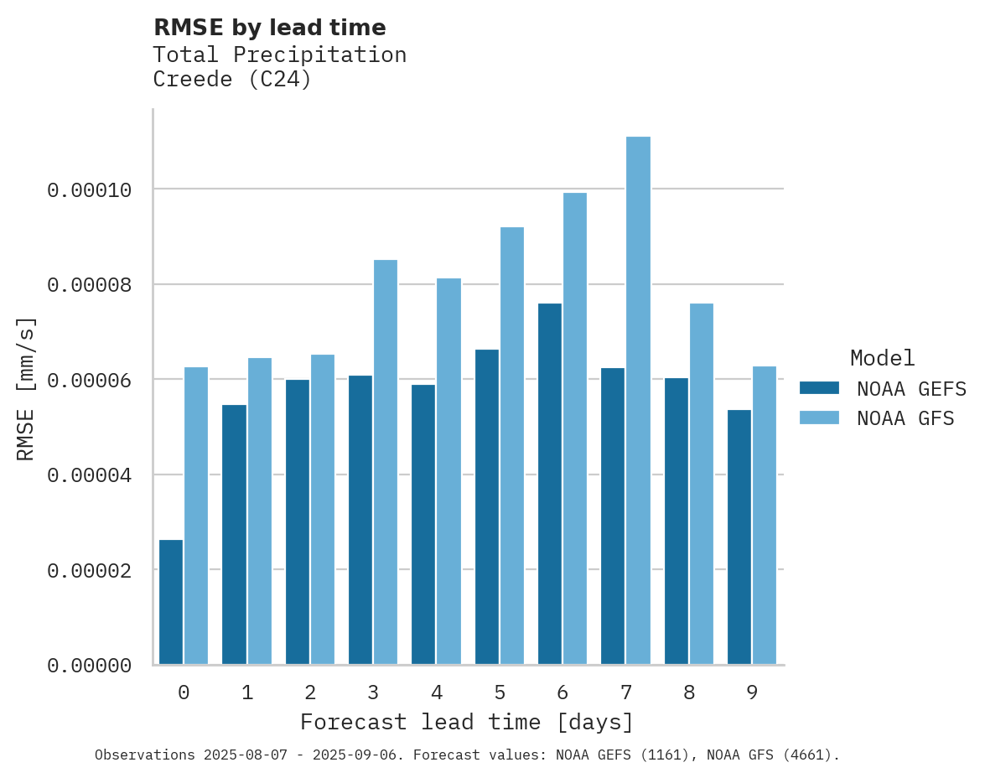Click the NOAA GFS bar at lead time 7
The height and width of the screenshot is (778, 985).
tap(638, 401)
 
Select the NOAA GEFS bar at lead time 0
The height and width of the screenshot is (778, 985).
tap(171, 602)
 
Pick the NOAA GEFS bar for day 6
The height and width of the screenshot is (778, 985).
tap(550, 484)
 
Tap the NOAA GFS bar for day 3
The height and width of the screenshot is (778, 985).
tap(386, 462)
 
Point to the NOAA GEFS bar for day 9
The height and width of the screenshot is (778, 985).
tap(739, 537)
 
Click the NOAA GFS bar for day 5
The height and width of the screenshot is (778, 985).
tap(511, 446)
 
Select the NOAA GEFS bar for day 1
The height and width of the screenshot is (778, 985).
tap(234, 535)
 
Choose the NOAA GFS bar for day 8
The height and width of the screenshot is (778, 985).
tap(701, 484)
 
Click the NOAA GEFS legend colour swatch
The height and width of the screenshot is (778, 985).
tap(819, 387)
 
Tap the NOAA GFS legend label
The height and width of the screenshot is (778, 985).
tap(905, 418)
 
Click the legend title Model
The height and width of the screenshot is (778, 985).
tap(882, 358)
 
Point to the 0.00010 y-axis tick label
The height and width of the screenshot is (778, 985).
tap(90, 190)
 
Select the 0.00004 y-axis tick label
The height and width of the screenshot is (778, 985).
tap(90, 475)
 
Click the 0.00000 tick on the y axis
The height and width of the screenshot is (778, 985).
tap(90, 666)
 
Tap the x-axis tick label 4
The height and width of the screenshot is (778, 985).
tap(437, 693)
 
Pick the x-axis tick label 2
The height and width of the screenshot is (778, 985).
tap(310, 693)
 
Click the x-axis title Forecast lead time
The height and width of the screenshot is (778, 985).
tap(467, 722)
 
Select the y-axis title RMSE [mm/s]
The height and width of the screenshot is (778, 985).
tap(26, 389)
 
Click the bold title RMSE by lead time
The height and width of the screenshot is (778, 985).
tap(270, 28)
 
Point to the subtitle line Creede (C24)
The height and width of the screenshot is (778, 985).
tap(232, 80)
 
